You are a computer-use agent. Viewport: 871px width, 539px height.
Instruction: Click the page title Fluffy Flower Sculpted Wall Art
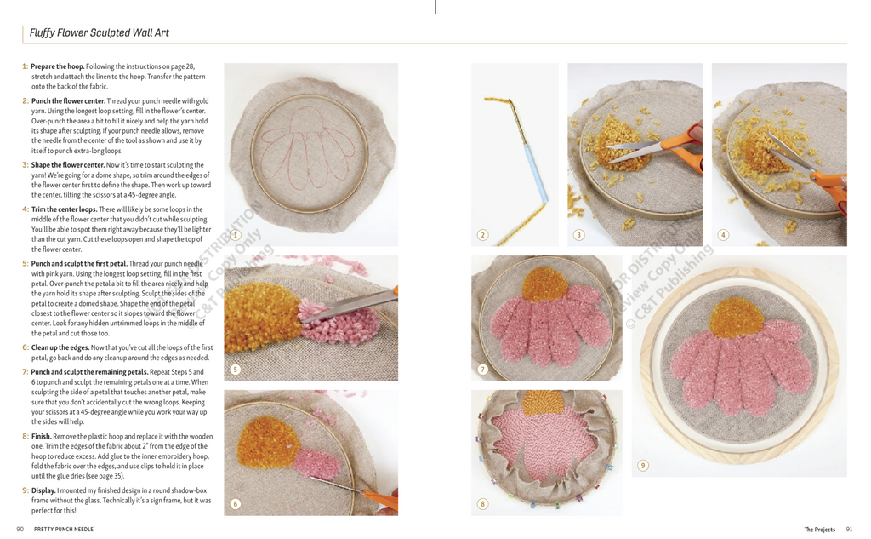(x=99, y=33)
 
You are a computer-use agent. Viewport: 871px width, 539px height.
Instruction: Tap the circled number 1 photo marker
(x=235, y=235)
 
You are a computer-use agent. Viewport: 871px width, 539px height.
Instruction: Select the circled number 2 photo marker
(x=482, y=235)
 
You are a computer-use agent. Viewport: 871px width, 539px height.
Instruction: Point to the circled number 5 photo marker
(x=235, y=370)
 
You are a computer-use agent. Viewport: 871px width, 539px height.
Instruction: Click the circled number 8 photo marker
(x=482, y=504)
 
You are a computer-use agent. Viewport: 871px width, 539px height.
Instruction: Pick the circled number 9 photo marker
(x=643, y=465)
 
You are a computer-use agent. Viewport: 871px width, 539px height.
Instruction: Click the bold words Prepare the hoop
(x=57, y=66)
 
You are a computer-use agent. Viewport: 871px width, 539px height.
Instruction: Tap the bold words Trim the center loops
(x=64, y=209)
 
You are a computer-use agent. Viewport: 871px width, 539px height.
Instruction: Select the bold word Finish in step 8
(x=41, y=436)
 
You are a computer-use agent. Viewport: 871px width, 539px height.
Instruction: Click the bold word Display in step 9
(x=43, y=490)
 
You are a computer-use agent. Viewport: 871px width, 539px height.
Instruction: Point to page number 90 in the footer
(x=20, y=529)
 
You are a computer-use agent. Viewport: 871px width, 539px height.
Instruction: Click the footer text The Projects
(x=819, y=530)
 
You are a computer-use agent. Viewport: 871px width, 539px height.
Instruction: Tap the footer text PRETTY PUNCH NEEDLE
(x=63, y=529)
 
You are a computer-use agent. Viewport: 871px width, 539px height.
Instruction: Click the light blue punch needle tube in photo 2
(x=536, y=170)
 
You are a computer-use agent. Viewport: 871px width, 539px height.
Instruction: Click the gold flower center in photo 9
(x=737, y=318)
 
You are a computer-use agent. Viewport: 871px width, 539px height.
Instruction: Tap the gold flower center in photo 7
(x=545, y=284)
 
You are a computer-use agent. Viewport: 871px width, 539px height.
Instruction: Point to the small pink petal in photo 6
(x=316, y=463)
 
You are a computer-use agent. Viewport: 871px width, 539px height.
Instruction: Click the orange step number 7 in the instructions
(x=25, y=371)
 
